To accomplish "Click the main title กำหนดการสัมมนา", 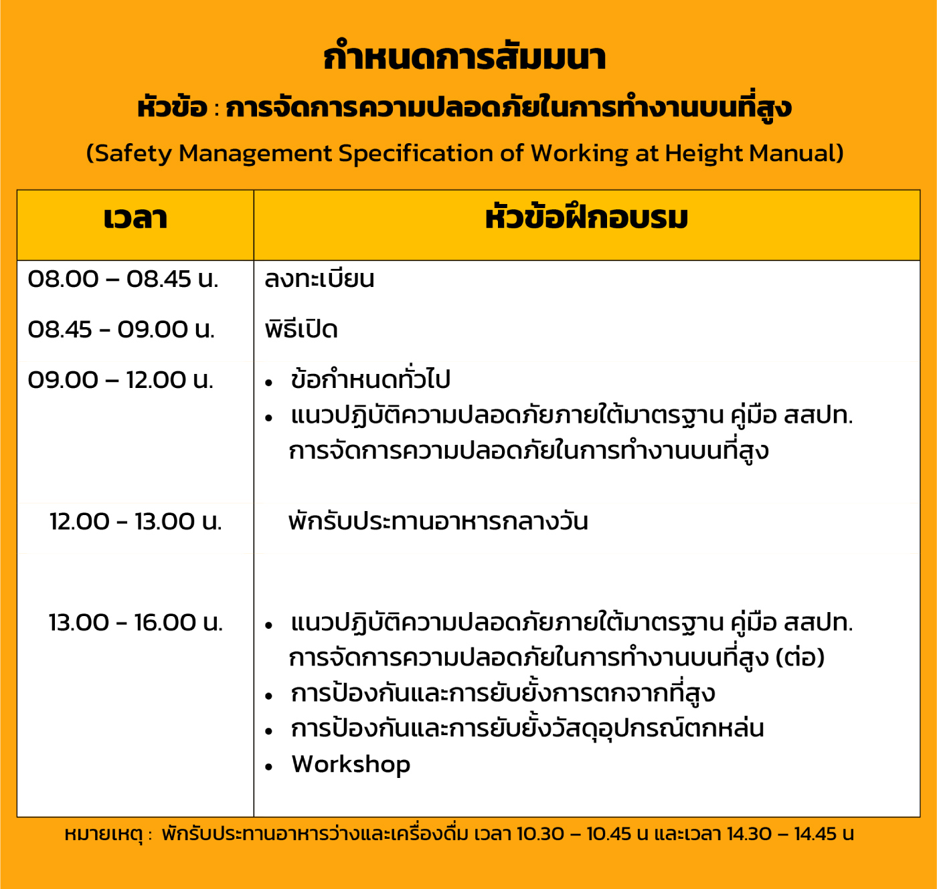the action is pyautogui.click(x=464, y=57).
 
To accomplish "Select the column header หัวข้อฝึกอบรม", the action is pyautogui.click(x=586, y=217).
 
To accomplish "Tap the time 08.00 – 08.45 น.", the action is pyautogui.click(x=123, y=279).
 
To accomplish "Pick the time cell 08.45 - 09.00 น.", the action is pyautogui.click(x=121, y=329).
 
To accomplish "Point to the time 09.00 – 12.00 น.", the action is pyautogui.click(x=120, y=380).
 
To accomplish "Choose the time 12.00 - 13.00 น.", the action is pyautogui.click(x=136, y=521).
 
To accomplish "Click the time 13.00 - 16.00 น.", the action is pyautogui.click(x=136, y=622).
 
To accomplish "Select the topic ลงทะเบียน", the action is pyautogui.click(x=319, y=278).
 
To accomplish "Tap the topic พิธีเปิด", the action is pyautogui.click(x=301, y=328).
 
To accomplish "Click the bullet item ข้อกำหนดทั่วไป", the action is pyautogui.click(x=370, y=379).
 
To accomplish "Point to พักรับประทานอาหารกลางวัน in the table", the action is pyautogui.click(x=438, y=520).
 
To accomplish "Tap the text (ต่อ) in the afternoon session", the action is pyautogui.click(x=800, y=658).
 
